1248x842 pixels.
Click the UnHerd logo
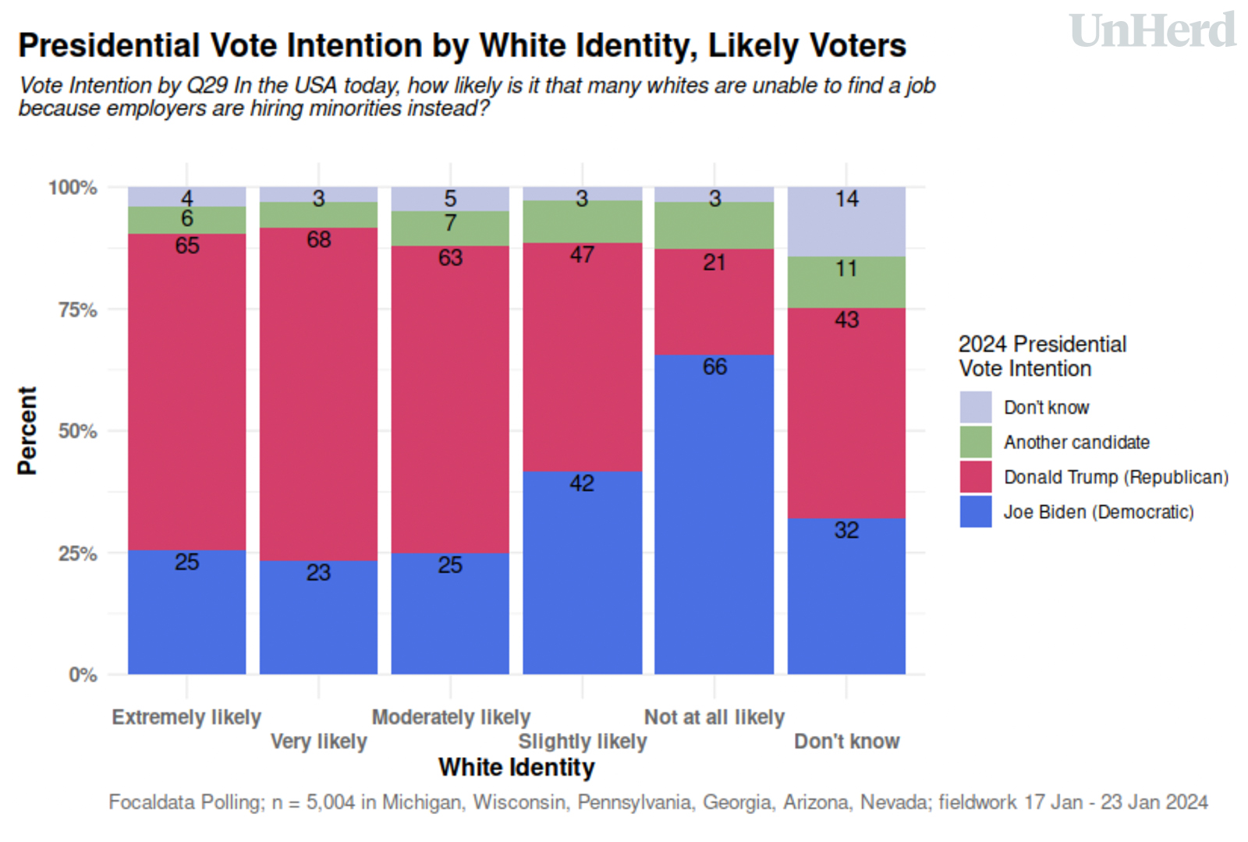[x=1152, y=31]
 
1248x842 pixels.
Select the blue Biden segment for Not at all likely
[x=714, y=515]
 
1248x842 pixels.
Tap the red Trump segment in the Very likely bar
[x=318, y=394]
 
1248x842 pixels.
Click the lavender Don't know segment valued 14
[x=846, y=222]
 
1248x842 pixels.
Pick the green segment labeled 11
[x=846, y=282]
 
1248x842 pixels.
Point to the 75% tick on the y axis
[x=78, y=310]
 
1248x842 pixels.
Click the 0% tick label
[x=83, y=674]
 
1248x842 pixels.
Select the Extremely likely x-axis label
[x=186, y=717]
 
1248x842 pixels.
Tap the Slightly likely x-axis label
[x=583, y=741]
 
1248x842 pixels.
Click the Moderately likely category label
[x=451, y=717]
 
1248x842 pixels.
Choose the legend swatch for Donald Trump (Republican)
[x=976, y=477]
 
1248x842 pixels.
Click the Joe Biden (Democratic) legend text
[x=1098, y=512]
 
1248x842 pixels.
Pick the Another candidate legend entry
[x=1076, y=442]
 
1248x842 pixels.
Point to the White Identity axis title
[x=516, y=768]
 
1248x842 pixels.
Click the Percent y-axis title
[x=27, y=430]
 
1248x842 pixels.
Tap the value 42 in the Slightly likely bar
[x=582, y=483]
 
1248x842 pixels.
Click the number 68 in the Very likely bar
[x=318, y=239]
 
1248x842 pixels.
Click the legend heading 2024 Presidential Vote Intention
[x=1042, y=356]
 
